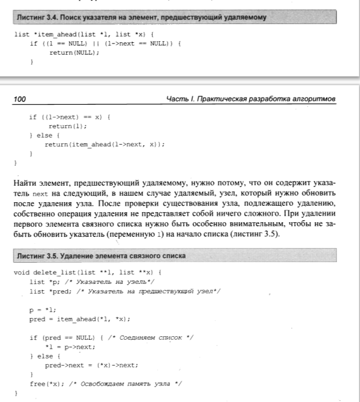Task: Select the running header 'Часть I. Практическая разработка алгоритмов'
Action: [251, 99]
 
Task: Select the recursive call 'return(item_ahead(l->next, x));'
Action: [105, 144]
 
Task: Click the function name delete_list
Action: [49, 273]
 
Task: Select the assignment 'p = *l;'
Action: [41, 310]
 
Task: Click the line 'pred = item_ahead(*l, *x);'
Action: [79, 319]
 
